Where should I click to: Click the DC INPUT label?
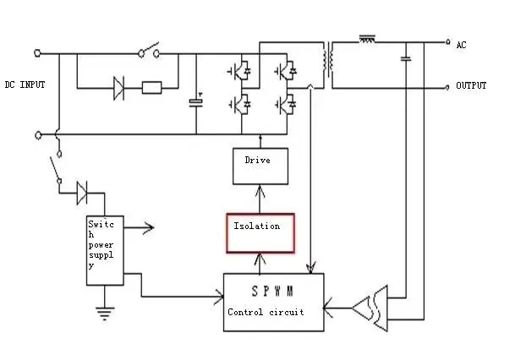pyautogui.click(x=25, y=85)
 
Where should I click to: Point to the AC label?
pyautogui.click(x=461, y=45)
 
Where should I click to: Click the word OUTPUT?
pyautogui.click(x=471, y=85)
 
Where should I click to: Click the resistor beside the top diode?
pyautogui.click(x=152, y=88)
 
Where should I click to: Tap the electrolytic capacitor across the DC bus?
pyautogui.click(x=196, y=102)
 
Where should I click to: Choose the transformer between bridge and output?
pyautogui.click(x=328, y=60)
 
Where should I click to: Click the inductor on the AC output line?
pyautogui.click(x=367, y=39)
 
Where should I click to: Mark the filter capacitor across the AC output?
pyautogui.click(x=406, y=59)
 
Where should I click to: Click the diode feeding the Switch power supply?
pyautogui.click(x=82, y=193)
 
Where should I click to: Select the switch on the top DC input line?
pyautogui.click(x=149, y=50)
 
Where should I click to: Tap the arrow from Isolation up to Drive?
pyautogui.click(x=260, y=199)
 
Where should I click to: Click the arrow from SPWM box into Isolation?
pyautogui.click(x=260, y=264)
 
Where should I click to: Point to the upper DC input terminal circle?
pyautogui.click(x=37, y=53)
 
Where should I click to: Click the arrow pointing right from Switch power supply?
pyautogui.click(x=139, y=227)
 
